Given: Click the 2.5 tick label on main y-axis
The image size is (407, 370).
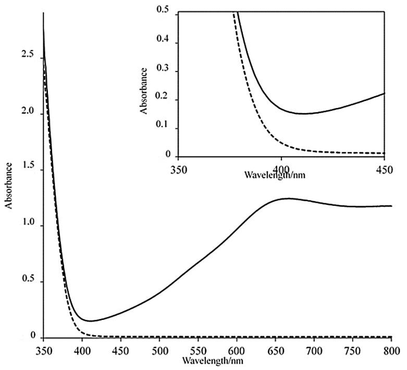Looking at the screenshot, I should tap(29, 56).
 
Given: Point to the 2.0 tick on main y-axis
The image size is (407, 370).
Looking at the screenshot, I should tap(29, 112).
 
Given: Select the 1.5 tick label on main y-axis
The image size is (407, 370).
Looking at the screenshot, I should tap(29, 168).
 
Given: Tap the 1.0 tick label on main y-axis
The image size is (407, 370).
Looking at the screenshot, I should tap(29, 225).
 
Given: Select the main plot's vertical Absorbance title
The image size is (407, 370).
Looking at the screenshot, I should tap(9, 185).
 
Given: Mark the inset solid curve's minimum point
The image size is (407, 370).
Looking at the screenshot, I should tap(302, 114).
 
